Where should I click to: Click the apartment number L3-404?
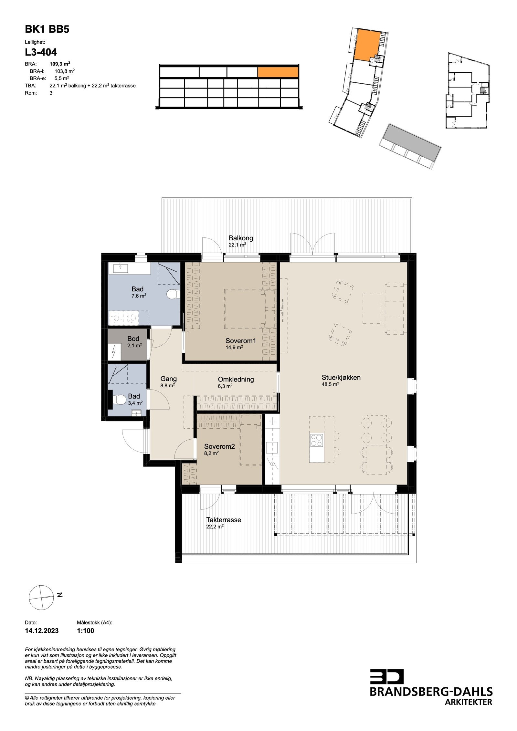pos(41,52)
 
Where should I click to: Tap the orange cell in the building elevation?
pos(278,72)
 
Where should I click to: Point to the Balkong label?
pos(241,238)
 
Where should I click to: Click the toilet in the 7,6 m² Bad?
pos(173,294)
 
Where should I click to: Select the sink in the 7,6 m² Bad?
pos(120,268)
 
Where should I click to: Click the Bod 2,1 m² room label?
pos(133,342)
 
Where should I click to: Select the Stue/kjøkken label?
pos(341,377)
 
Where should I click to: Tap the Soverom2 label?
pos(219,447)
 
